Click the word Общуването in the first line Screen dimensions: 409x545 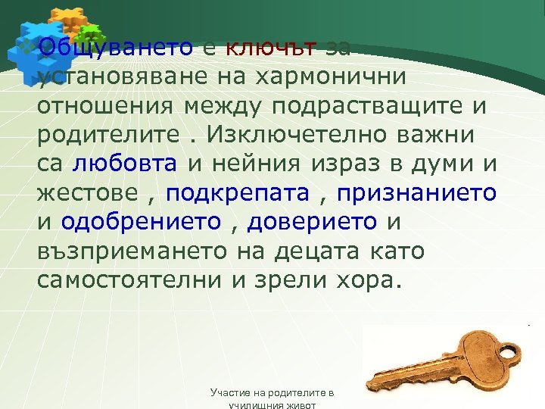click(116, 48)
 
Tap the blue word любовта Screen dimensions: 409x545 click(126, 164)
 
